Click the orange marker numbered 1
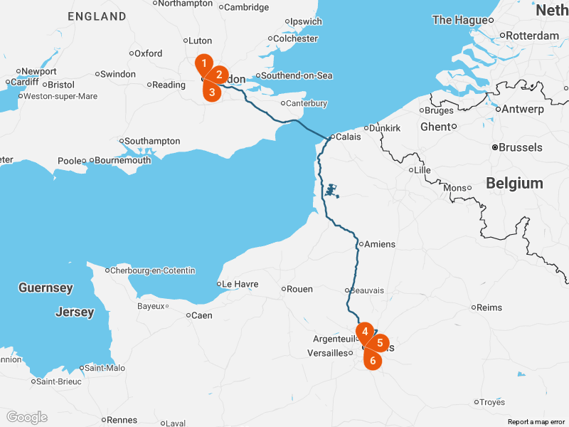coord(204,63)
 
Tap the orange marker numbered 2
coord(219,74)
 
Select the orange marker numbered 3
coord(211,91)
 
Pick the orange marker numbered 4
coord(364,332)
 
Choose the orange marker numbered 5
coord(380,342)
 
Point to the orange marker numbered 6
coord(373,359)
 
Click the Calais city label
coord(348,137)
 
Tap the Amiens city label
coord(379,244)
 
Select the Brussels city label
coord(521,148)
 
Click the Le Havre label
coord(240,284)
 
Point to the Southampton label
coord(153,141)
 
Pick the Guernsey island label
coord(46,288)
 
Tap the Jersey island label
coord(75,312)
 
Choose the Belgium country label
coord(514,184)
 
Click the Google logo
coord(27,417)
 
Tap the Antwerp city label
coord(523,110)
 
